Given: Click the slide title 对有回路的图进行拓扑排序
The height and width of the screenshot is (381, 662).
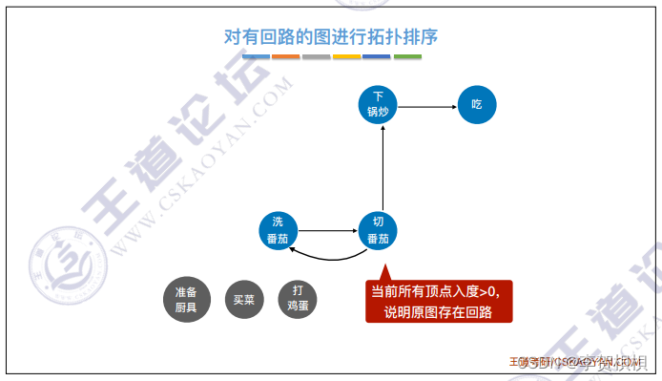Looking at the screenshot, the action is point(330,37).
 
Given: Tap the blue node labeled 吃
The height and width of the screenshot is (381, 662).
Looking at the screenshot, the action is point(477,104).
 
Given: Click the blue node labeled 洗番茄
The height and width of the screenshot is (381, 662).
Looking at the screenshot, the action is point(279,230).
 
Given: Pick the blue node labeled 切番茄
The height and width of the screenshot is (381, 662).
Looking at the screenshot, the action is point(379,230).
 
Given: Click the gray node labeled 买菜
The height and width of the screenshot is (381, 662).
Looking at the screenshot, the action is point(243,299).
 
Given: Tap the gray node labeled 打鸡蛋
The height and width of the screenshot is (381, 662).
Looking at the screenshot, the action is point(298,299).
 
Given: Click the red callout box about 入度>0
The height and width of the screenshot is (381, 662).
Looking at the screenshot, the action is point(440,301).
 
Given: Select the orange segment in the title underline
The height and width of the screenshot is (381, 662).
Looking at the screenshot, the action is point(285,57).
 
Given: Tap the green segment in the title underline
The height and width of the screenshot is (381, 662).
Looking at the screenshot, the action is point(407,57).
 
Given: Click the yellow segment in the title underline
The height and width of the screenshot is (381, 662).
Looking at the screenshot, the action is point(346,57).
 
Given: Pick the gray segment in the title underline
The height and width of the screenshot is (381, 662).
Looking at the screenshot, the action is point(316,57).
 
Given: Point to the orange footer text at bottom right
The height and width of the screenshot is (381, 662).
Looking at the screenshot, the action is point(577,362).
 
